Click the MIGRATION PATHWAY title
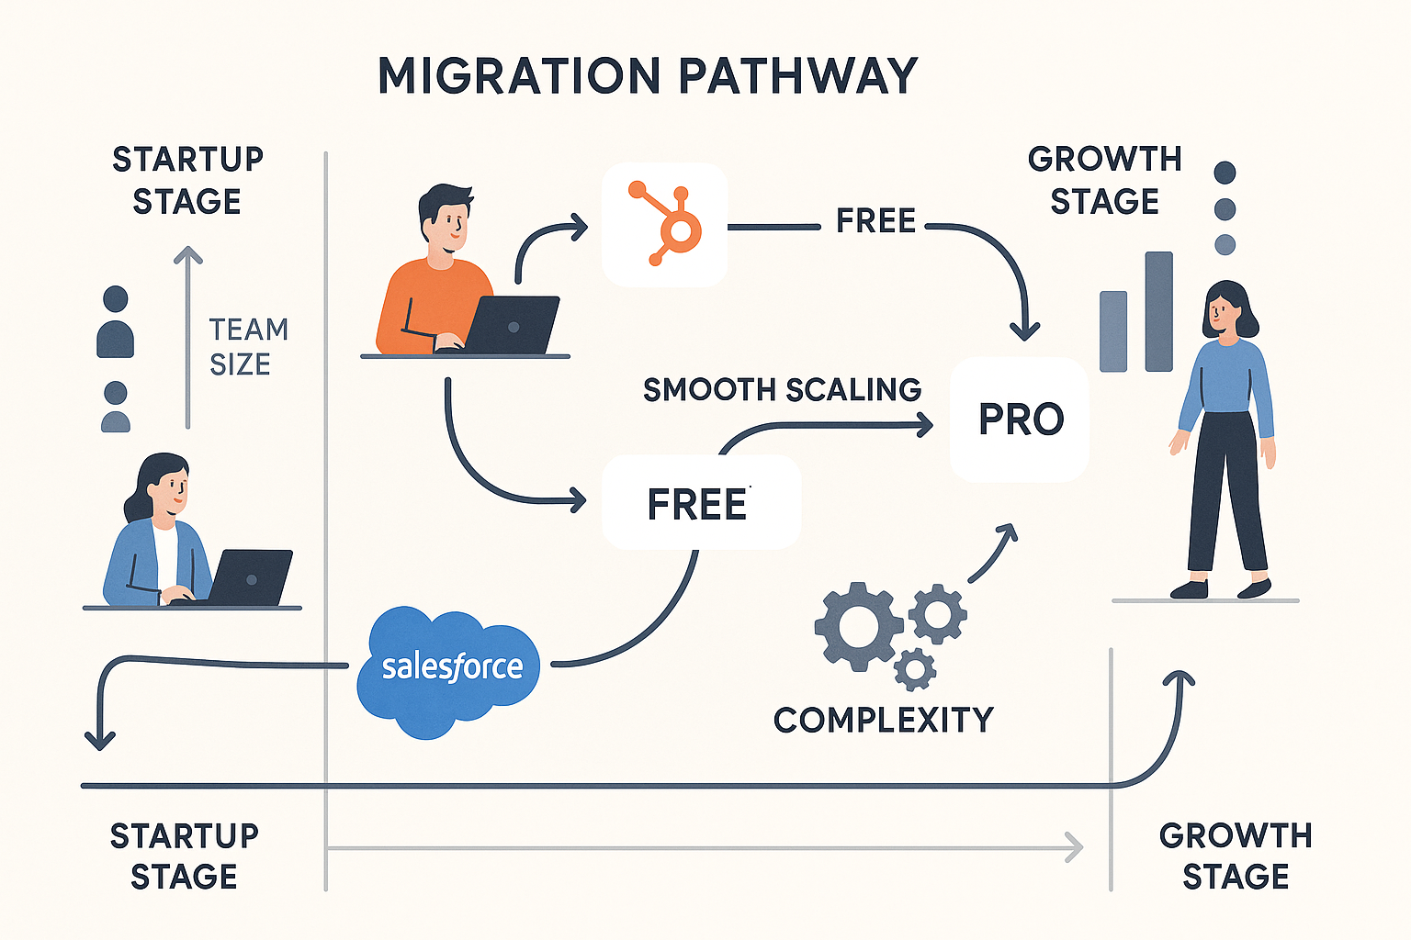[x=648, y=75]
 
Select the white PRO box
[x=1020, y=420]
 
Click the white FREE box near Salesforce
[x=700, y=503]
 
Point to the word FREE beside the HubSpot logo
[x=875, y=221]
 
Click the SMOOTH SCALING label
[x=782, y=390]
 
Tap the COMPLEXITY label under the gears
[x=883, y=720]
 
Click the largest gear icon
[x=858, y=626]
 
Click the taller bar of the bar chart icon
[x=1158, y=311]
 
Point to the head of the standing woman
[x=1225, y=309]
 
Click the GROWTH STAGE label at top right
[x=1104, y=180]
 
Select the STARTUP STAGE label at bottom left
[x=184, y=856]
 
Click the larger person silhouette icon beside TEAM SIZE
[x=116, y=322]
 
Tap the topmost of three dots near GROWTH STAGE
[x=1225, y=173]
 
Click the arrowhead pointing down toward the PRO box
[x=1024, y=330]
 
